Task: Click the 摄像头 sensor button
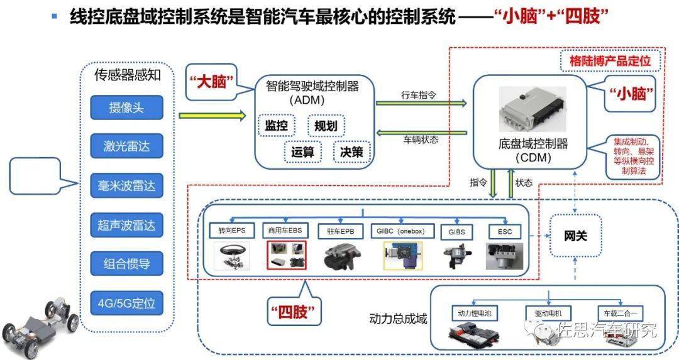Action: pyautogui.click(x=126, y=107)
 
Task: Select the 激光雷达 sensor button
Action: pyautogui.click(x=126, y=146)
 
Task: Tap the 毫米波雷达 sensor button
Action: pyautogui.click(x=126, y=185)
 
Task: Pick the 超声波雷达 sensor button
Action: pyautogui.click(x=126, y=225)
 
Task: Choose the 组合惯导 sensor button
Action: pyautogui.click(x=126, y=263)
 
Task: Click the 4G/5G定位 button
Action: pyautogui.click(x=126, y=303)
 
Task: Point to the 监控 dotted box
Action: pyautogui.click(x=276, y=126)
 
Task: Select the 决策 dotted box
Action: pyautogui.click(x=351, y=152)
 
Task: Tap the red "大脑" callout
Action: pyautogui.click(x=211, y=82)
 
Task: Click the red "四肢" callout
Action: pyautogui.click(x=294, y=311)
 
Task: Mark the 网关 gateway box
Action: pyautogui.click(x=575, y=236)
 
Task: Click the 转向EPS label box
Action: pyautogui.click(x=231, y=231)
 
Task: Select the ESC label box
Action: pyautogui.click(x=504, y=232)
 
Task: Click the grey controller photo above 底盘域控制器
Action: pyautogui.click(x=533, y=109)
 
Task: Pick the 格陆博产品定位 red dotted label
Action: pyautogui.click(x=610, y=60)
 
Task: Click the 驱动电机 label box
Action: pyautogui.click(x=549, y=314)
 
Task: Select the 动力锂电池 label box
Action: pyautogui.click(x=475, y=314)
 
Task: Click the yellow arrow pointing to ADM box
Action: pyautogui.click(x=213, y=116)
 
